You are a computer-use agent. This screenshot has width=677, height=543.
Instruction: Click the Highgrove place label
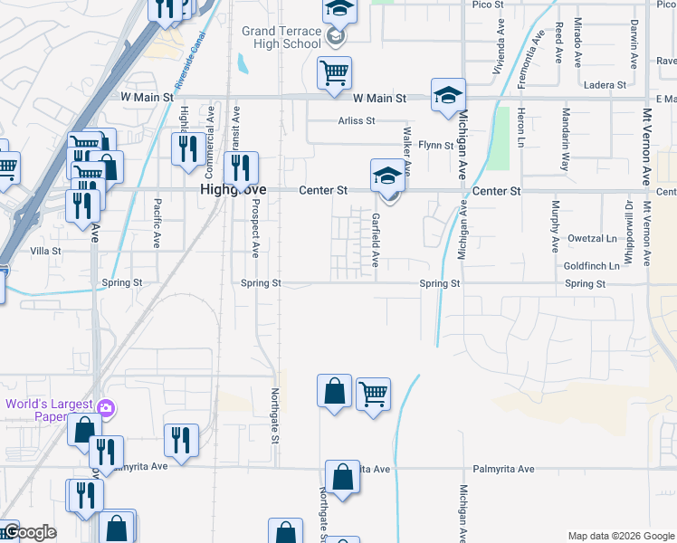(x=223, y=191)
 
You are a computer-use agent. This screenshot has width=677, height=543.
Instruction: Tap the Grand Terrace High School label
(x=281, y=37)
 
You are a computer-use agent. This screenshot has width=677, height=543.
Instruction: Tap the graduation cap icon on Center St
(x=387, y=174)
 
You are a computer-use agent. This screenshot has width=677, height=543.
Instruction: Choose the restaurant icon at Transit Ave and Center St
(x=241, y=167)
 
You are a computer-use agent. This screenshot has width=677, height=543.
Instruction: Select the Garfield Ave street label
(x=374, y=240)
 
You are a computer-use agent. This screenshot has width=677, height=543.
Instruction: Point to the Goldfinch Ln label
(x=591, y=266)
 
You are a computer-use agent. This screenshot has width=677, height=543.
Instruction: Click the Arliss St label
(x=357, y=120)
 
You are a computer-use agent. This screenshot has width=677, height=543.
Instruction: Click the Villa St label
(x=45, y=251)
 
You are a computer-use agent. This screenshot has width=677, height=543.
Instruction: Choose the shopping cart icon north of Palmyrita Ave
(x=373, y=394)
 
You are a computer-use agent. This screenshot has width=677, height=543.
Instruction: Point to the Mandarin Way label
(x=565, y=140)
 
